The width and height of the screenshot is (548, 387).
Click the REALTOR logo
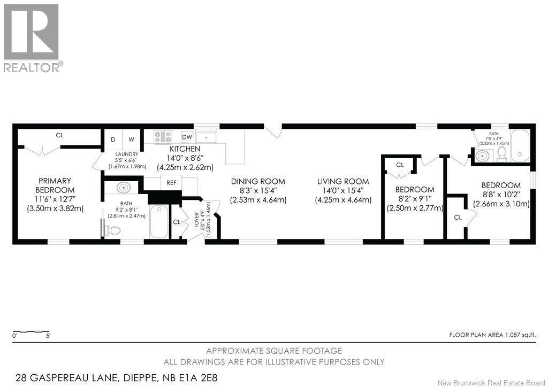(34, 38)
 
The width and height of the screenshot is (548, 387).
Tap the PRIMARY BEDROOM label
(55, 185)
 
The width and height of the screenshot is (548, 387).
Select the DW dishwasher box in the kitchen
(187, 137)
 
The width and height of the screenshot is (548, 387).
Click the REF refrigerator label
(171, 182)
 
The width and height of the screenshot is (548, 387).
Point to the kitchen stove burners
(163, 137)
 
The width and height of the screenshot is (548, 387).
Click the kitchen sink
(206, 137)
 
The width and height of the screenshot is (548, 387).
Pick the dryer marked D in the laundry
(113, 139)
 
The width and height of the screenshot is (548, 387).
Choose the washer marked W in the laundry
(131, 139)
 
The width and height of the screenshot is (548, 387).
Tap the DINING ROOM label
(258, 181)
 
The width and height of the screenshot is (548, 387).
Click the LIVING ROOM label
(343, 181)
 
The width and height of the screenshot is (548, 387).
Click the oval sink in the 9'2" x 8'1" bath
(123, 188)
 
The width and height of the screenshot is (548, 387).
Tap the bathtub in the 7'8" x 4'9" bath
(520, 145)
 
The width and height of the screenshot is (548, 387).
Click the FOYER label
(196, 220)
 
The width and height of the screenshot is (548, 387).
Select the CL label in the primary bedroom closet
(60, 135)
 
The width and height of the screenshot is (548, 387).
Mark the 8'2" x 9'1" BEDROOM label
(415, 189)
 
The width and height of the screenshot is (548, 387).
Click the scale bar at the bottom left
(31, 331)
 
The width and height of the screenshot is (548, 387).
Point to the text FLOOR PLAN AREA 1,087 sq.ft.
(492, 335)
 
